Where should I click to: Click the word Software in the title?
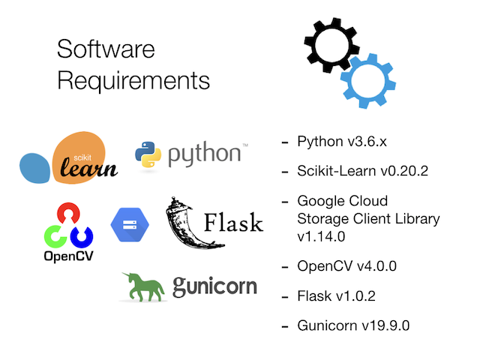point(106,49)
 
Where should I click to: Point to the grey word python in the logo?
point(204,154)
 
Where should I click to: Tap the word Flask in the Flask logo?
point(233,223)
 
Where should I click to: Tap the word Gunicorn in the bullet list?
point(328,326)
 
